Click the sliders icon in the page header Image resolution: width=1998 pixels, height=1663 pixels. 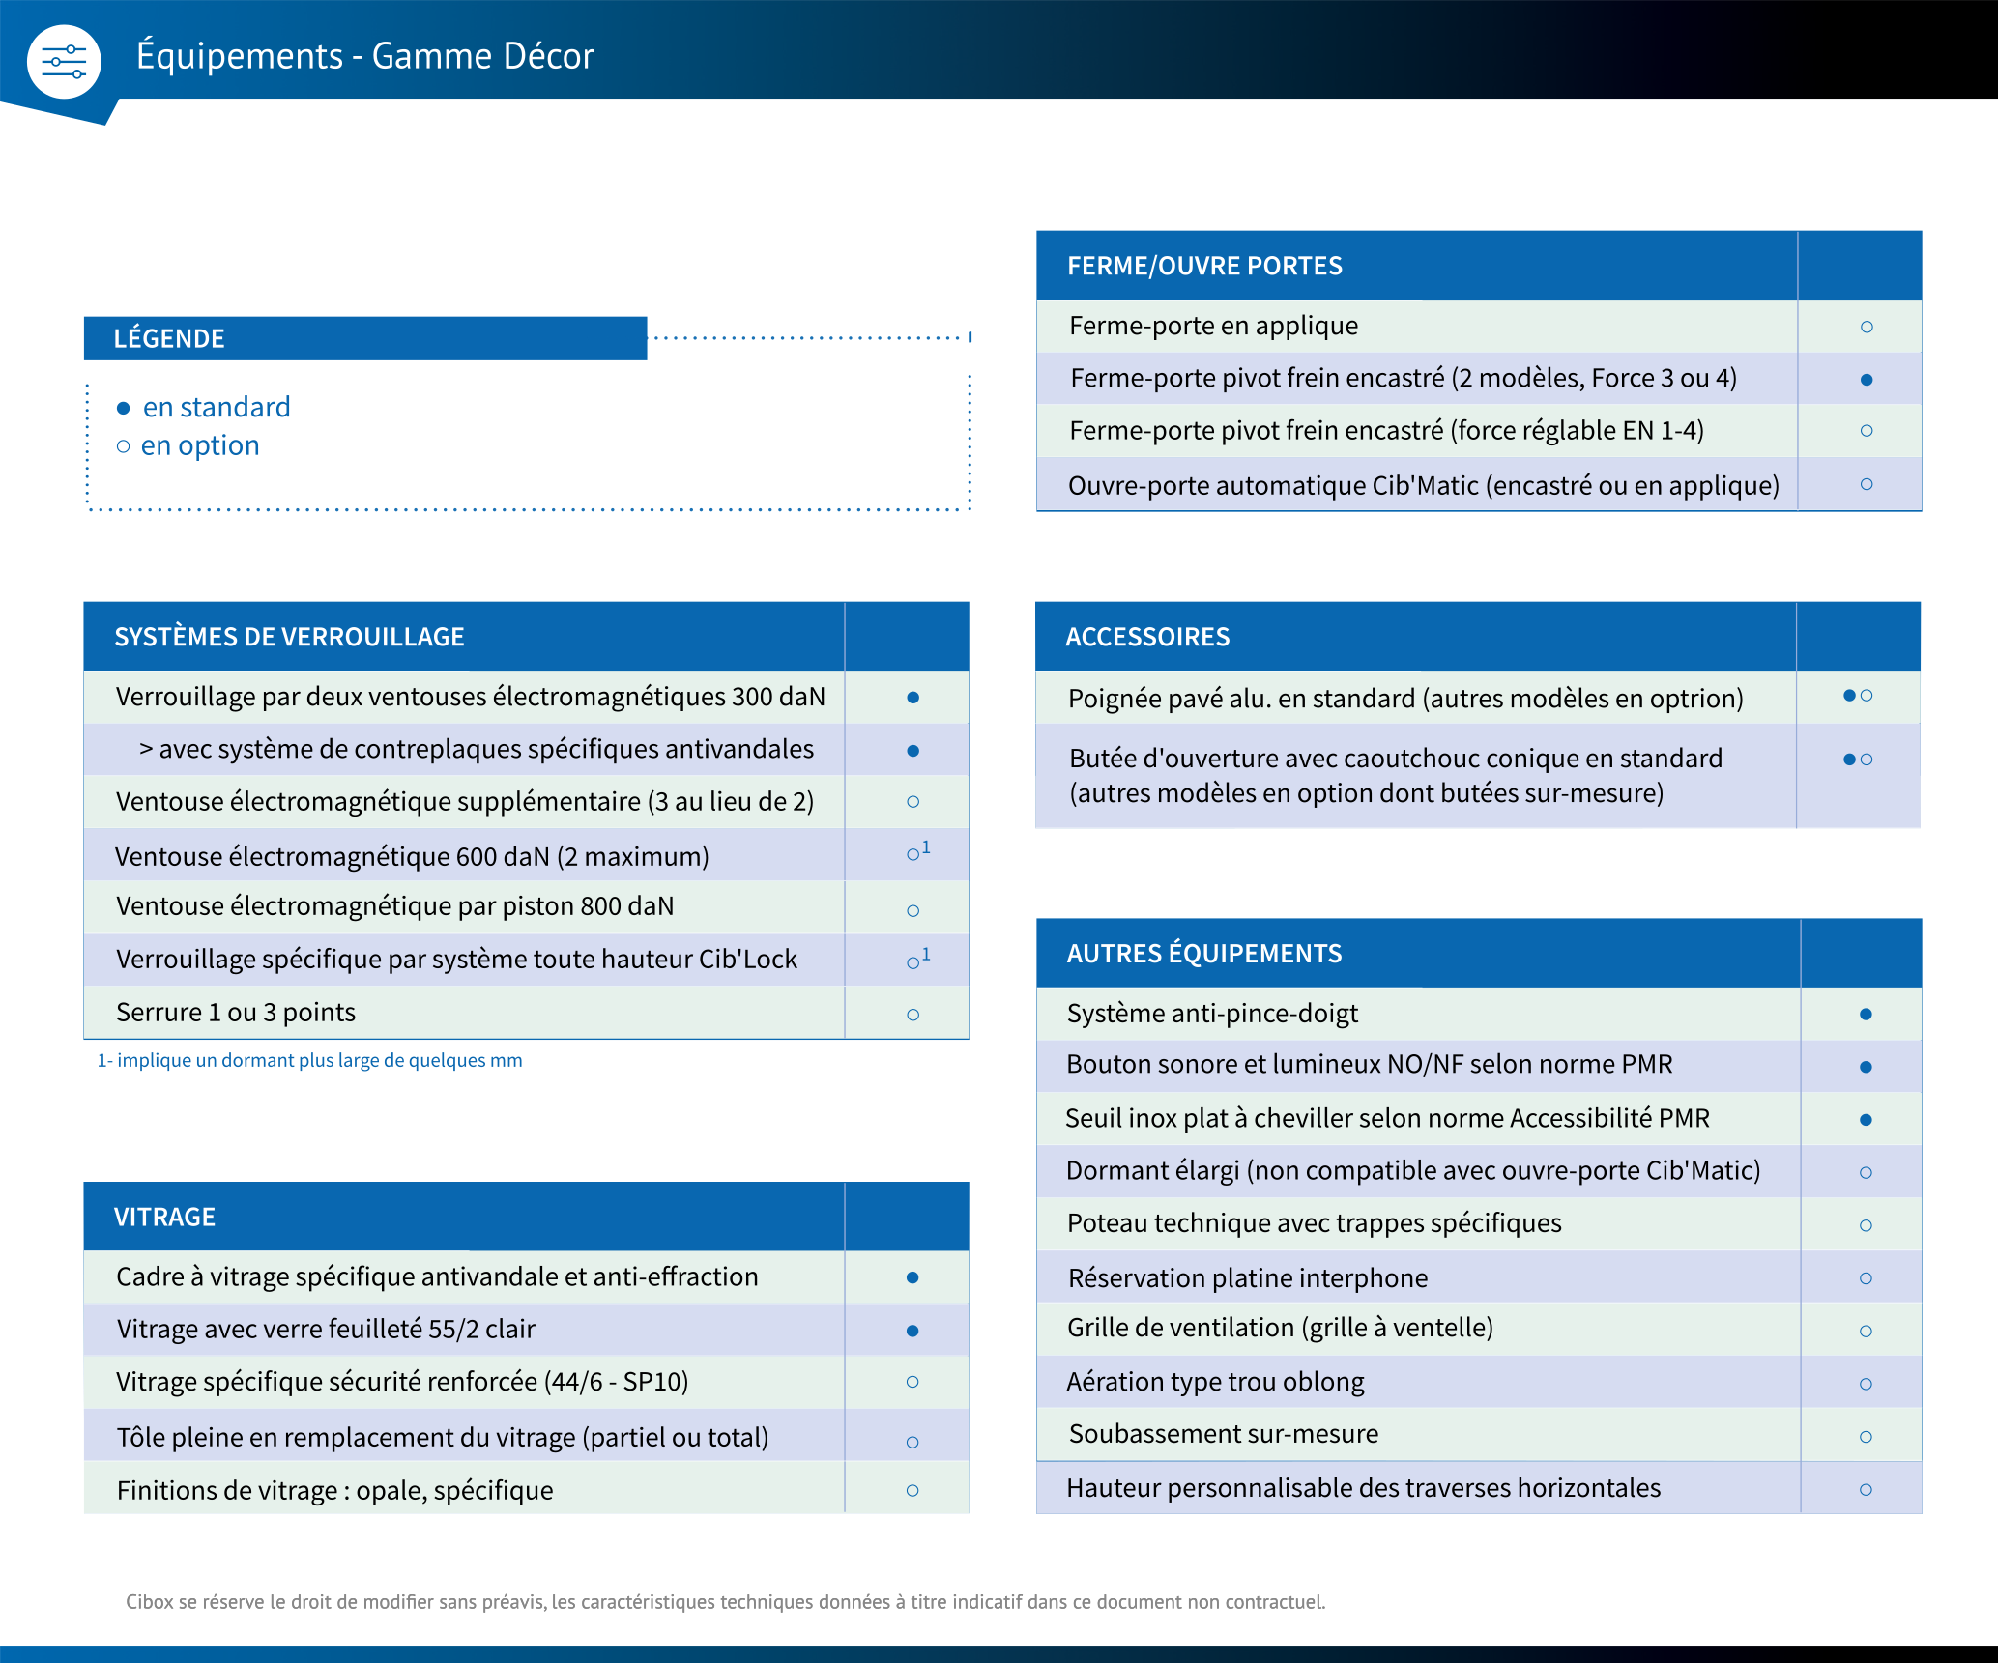coord(64,62)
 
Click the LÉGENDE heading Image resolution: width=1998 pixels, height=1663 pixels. coord(169,338)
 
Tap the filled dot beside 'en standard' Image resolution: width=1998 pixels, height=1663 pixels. coord(123,408)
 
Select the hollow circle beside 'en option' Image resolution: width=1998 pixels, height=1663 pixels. coord(123,446)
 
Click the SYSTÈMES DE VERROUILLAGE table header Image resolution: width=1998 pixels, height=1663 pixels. coord(289,637)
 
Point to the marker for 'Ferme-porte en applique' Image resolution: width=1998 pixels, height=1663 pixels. coord(1867,328)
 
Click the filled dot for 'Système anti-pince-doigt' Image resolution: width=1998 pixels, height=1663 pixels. coord(1866,1015)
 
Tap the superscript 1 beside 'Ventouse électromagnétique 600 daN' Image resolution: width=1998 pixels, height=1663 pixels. coord(926,847)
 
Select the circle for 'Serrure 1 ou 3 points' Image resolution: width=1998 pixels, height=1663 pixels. coord(913,1015)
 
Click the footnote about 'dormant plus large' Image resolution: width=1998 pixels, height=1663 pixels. coord(309,1060)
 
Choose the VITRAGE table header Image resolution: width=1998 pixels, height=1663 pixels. coord(164,1217)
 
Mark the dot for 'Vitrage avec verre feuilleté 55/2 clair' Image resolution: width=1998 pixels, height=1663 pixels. coord(912,1331)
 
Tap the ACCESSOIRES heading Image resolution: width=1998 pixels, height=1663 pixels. coord(1147,637)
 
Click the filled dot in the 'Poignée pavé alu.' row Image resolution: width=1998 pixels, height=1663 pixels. coord(1849,696)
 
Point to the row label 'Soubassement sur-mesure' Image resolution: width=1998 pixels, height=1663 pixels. coord(1224,1434)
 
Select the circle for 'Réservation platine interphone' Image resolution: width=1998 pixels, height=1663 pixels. coord(1866,1278)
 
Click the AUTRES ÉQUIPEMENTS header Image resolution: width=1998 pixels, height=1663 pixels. coord(1204,954)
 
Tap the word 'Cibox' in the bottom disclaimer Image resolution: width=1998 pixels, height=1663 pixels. coord(149,1602)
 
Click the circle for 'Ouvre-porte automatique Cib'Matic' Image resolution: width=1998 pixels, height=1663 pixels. coord(1867,484)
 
